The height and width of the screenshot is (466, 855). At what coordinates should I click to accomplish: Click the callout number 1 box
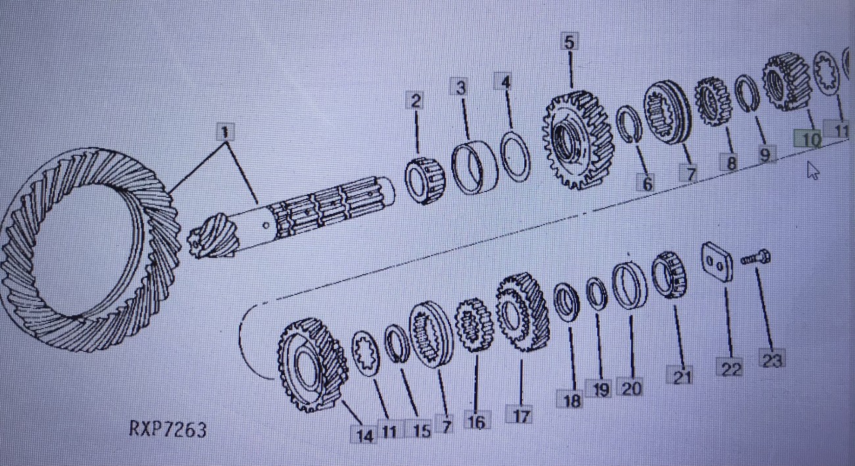point(225,132)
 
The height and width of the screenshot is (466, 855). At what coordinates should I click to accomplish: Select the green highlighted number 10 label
point(808,140)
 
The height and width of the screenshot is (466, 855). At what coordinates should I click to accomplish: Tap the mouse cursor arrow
point(813,170)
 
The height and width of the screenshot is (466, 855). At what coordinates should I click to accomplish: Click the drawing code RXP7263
point(167,430)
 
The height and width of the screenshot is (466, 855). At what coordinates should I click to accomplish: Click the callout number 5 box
point(568,42)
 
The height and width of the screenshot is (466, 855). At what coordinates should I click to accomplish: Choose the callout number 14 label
point(364,435)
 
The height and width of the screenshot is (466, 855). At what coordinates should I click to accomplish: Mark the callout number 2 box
point(415,101)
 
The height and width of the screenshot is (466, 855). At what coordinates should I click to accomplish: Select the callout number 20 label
point(631,388)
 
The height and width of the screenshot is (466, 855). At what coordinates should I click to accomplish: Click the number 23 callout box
point(772,360)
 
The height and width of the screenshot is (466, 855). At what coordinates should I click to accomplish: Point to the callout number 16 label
point(476,422)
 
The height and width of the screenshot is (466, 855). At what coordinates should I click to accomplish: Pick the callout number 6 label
point(648,184)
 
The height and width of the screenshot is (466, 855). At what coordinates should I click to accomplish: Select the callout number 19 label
point(599,390)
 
